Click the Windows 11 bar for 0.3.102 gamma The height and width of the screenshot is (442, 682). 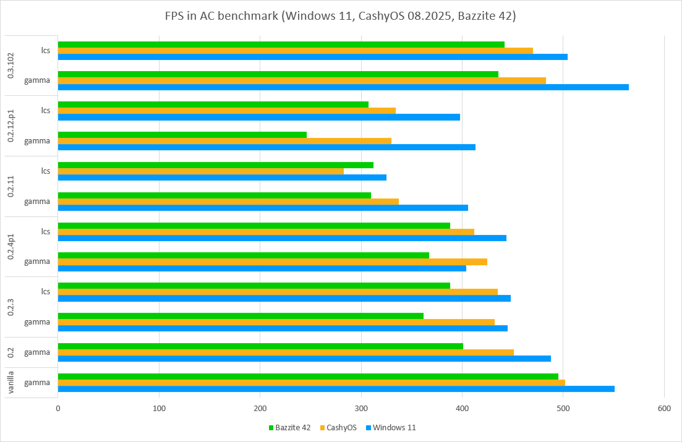click(343, 87)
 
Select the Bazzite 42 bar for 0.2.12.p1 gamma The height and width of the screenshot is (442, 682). click(182, 135)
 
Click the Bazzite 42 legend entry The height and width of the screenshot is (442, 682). click(290, 427)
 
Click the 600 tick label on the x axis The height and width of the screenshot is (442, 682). click(664, 408)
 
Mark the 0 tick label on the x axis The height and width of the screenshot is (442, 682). click(58, 408)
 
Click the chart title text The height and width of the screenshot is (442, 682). click(341, 16)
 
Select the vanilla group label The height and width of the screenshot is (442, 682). click(11, 382)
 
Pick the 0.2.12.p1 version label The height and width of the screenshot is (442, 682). click(11, 125)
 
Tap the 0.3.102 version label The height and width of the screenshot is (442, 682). click(11, 65)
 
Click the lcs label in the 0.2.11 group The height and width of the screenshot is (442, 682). click(45, 171)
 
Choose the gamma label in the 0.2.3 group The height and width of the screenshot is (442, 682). click(37, 321)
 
